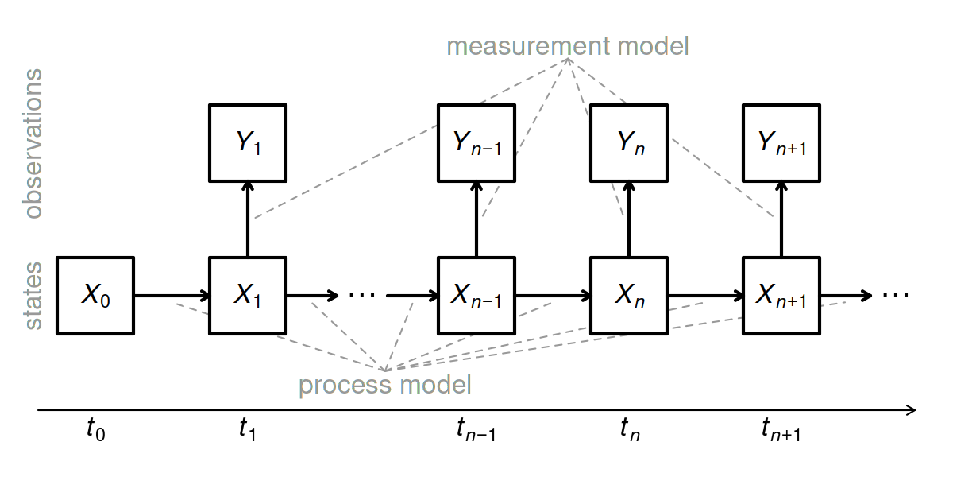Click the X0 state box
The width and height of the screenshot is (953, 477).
pyautogui.click(x=95, y=296)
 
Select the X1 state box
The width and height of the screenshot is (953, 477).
pyautogui.click(x=248, y=296)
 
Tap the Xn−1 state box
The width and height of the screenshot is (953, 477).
pyautogui.click(x=476, y=296)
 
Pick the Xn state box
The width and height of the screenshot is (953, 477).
pyautogui.click(x=629, y=296)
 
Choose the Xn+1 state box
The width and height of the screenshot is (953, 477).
pyautogui.click(x=781, y=296)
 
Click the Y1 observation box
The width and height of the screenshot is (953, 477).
pyautogui.click(x=248, y=143)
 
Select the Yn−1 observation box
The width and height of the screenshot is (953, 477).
pyautogui.click(x=476, y=143)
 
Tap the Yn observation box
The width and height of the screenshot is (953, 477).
pyautogui.click(x=629, y=143)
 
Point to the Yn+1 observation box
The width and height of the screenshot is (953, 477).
pyautogui.click(x=781, y=143)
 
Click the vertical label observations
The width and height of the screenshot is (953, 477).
pyautogui.click(x=33, y=143)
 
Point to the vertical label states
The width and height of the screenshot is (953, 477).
pyautogui.click(x=33, y=296)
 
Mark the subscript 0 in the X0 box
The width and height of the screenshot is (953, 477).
pyautogui.click(x=106, y=301)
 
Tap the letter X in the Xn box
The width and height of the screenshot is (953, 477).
pyautogui.click(x=624, y=295)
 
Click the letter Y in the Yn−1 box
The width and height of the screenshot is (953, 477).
pyautogui.click(x=461, y=142)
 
